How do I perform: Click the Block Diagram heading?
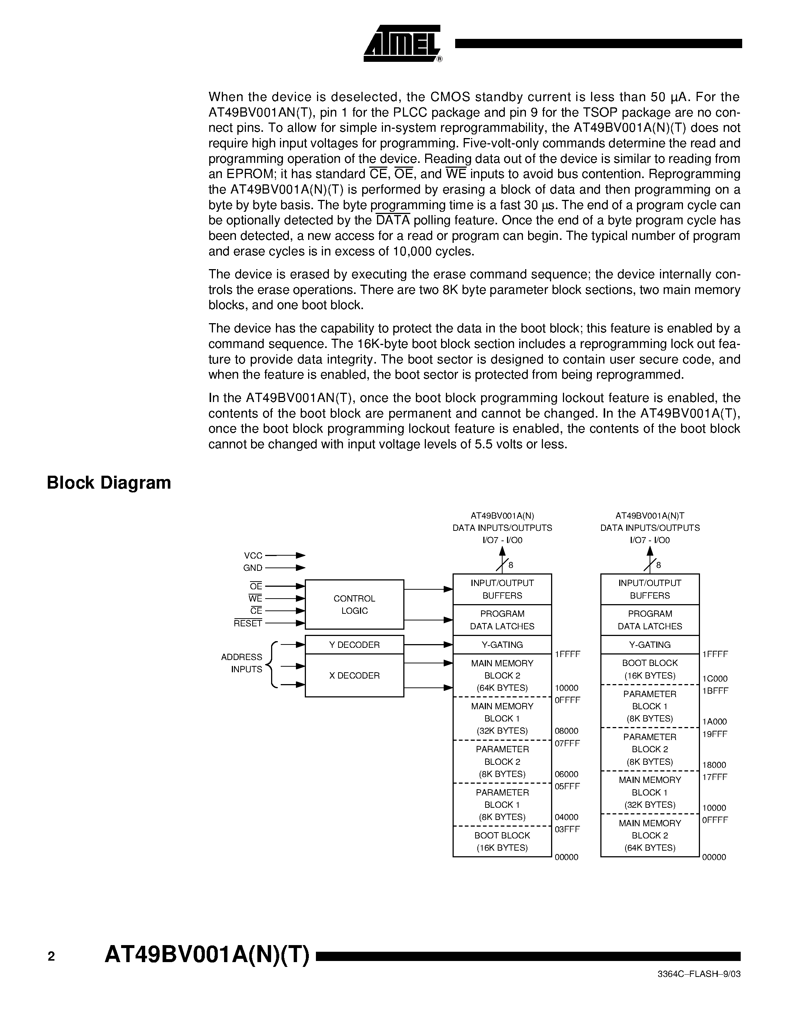pyautogui.click(x=109, y=483)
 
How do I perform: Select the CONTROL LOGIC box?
pyautogui.click(x=354, y=605)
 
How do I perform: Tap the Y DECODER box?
pyautogui.click(x=354, y=644)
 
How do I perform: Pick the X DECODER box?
pyautogui.click(x=354, y=676)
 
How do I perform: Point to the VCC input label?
pyautogui.click(x=253, y=556)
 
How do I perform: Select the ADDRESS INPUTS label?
pyautogui.click(x=241, y=663)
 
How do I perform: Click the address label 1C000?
pyautogui.click(x=715, y=679)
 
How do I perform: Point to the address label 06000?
pyautogui.click(x=567, y=774)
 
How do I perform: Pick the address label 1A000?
pyautogui.click(x=715, y=721)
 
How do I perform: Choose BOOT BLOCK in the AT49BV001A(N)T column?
pyautogui.click(x=650, y=669)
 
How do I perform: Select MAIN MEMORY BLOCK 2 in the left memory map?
pyautogui.click(x=502, y=676)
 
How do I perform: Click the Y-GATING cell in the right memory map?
pyautogui.click(x=650, y=644)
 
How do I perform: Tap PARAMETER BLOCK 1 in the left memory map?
pyautogui.click(x=502, y=804)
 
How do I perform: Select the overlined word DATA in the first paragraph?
pyautogui.click(x=393, y=221)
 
